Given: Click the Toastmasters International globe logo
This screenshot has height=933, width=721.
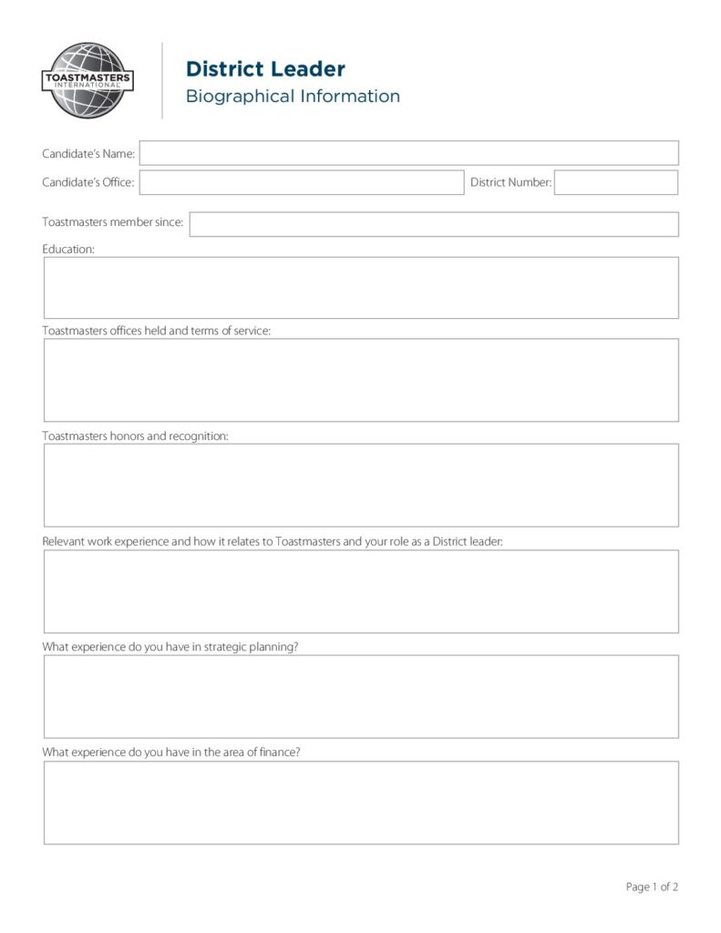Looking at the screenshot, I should tap(88, 80).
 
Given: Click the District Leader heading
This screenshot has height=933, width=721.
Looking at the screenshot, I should tap(265, 69).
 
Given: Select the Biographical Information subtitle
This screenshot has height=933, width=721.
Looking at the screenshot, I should tap(293, 97).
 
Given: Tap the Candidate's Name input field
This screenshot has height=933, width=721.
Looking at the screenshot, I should tap(408, 153).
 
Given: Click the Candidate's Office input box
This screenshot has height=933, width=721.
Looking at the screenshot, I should tap(301, 182).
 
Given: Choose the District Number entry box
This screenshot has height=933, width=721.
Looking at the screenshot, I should tap(615, 182).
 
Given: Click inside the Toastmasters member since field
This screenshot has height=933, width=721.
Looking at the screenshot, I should tap(433, 224).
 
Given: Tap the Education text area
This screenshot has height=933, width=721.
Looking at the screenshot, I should tap(361, 288).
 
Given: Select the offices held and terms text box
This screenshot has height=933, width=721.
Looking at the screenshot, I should tap(361, 380).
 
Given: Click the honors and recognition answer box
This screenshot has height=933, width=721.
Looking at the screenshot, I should tap(361, 485).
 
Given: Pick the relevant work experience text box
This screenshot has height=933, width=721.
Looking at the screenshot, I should tap(361, 591).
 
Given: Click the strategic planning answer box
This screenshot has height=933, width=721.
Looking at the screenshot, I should tap(361, 696).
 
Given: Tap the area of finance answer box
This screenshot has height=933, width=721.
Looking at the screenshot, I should tap(361, 802).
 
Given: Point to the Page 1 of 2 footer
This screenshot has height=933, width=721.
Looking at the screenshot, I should tap(652, 887).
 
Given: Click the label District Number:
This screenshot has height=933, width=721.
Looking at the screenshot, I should tap(510, 182).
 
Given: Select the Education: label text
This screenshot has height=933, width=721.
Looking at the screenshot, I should tap(68, 249).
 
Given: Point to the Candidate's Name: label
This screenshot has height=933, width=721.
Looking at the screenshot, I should tap(88, 154).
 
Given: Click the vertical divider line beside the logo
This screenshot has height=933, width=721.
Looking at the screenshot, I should tap(162, 80).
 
